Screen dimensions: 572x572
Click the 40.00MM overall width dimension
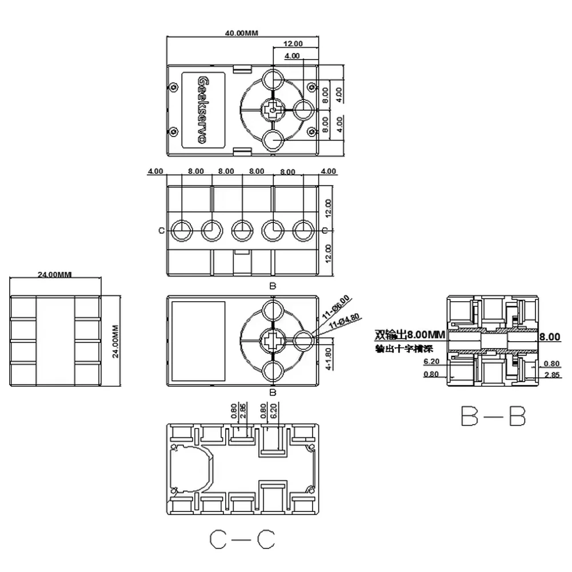coord(242,33)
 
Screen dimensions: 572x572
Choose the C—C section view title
coord(242,539)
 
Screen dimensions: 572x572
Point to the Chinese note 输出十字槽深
coord(403,349)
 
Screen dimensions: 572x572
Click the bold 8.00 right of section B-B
coord(549,337)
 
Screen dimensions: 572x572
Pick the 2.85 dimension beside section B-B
coord(552,374)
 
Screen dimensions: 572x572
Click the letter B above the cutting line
coord(273,285)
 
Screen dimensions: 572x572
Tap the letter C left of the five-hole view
coord(161,231)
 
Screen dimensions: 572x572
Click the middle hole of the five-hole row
coord(242,231)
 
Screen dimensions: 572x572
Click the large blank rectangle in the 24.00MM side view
coord(55,341)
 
